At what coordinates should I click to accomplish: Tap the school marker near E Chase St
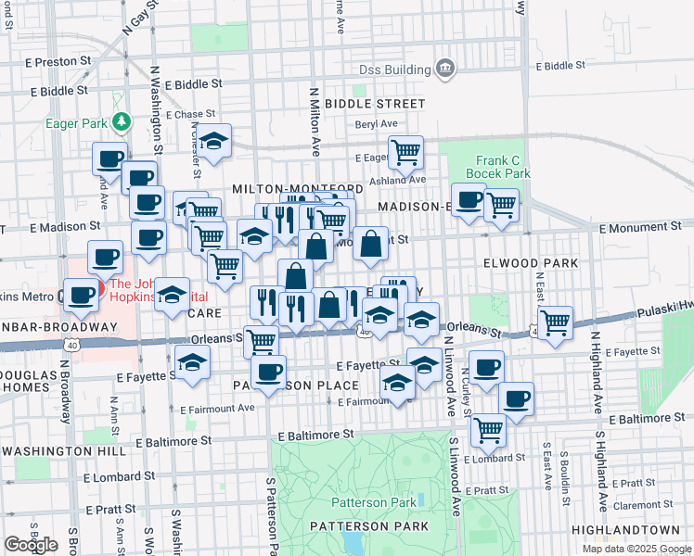214,142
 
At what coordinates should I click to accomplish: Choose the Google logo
31,545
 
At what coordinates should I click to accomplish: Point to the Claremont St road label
635,506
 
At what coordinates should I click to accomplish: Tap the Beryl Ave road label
376,123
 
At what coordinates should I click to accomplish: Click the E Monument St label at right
639,227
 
